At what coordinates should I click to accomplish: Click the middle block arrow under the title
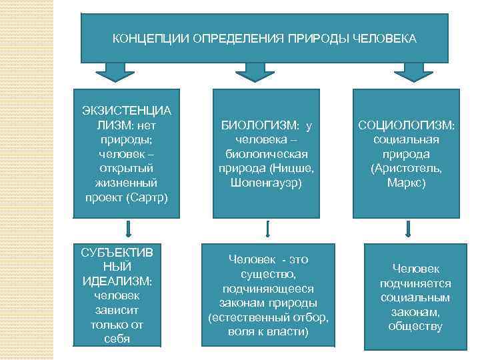pyautogui.click(x=251, y=71)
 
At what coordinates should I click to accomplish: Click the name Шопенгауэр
pyautogui.click(x=266, y=181)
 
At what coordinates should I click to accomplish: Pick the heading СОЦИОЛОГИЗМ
pyautogui.click(x=406, y=125)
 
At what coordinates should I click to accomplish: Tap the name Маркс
pyautogui.click(x=406, y=181)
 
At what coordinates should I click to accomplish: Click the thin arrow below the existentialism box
pyautogui.click(x=129, y=230)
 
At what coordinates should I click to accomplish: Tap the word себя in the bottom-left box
pyautogui.click(x=117, y=339)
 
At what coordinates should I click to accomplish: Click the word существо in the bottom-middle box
pyautogui.click(x=267, y=273)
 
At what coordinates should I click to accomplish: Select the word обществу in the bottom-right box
pyautogui.click(x=415, y=326)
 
